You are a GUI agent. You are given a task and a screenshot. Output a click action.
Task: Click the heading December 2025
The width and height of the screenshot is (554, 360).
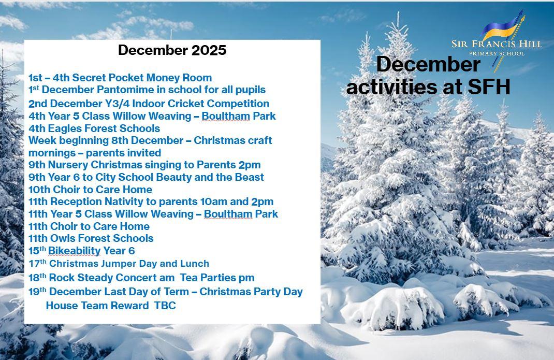click(x=172, y=50)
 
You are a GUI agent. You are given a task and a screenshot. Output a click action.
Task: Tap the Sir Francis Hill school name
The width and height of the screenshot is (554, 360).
click(x=497, y=44)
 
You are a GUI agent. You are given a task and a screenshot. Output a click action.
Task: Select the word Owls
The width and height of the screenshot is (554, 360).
click(x=61, y=238)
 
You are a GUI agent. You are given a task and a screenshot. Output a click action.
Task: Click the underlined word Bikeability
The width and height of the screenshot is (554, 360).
click(x=74, y=251)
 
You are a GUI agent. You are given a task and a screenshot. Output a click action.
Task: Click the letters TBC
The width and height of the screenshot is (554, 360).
click(x=165, y=306)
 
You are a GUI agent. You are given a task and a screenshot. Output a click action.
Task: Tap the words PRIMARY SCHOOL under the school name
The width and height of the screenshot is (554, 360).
click(x=497, y=53)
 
